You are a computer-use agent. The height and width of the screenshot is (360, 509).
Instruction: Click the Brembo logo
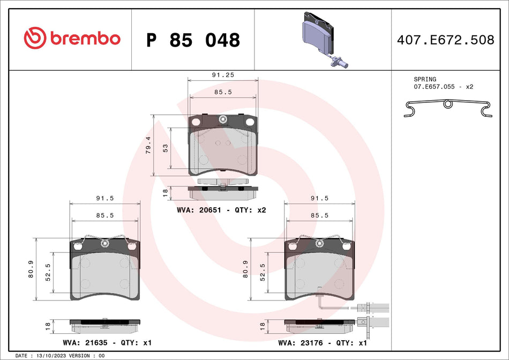point(72,39)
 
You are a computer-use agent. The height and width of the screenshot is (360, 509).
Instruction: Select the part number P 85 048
point(193,40)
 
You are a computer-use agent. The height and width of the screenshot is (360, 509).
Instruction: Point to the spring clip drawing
point(447,109)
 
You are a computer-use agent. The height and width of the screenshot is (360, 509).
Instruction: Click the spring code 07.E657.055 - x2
point(443,86)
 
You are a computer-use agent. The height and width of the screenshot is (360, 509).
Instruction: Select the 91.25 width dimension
point(223,76)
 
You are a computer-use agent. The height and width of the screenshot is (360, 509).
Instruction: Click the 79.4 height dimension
point(148,145)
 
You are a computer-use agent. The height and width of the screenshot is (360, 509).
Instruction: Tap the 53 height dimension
point(166,148)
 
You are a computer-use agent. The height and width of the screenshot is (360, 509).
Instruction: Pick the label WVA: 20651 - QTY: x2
point(221,210)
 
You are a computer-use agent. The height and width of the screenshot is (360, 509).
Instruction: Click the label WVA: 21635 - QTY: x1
point(107,342)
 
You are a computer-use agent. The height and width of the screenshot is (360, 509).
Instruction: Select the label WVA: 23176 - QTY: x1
point(321,342)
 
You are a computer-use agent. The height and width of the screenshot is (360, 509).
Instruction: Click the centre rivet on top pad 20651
point(223,119)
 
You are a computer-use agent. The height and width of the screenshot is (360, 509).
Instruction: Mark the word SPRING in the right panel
point(424,79)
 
